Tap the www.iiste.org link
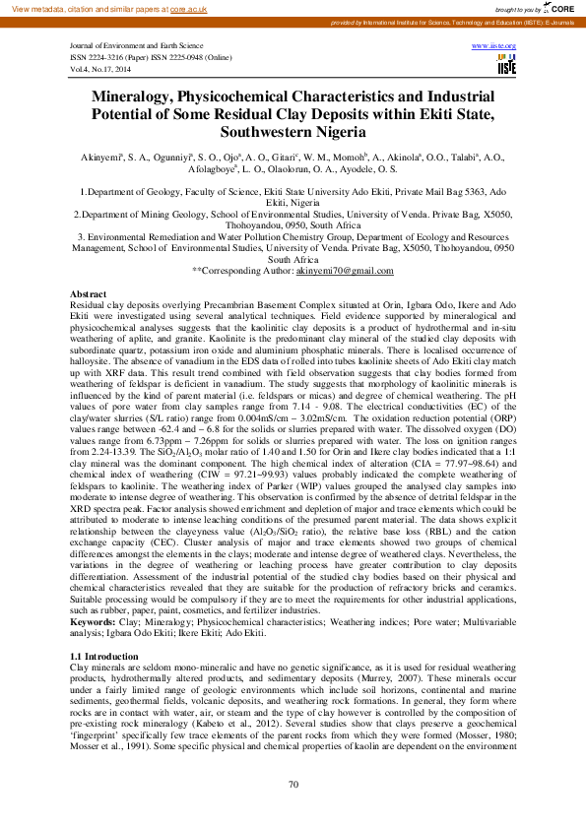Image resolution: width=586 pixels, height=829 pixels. pyautogui.click(x=495, y=46)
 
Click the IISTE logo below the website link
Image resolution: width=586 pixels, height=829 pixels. pyautogui.click(x=506, y=65)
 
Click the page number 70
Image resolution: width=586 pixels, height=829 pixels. pyautogui.click(x=293, y=784)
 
